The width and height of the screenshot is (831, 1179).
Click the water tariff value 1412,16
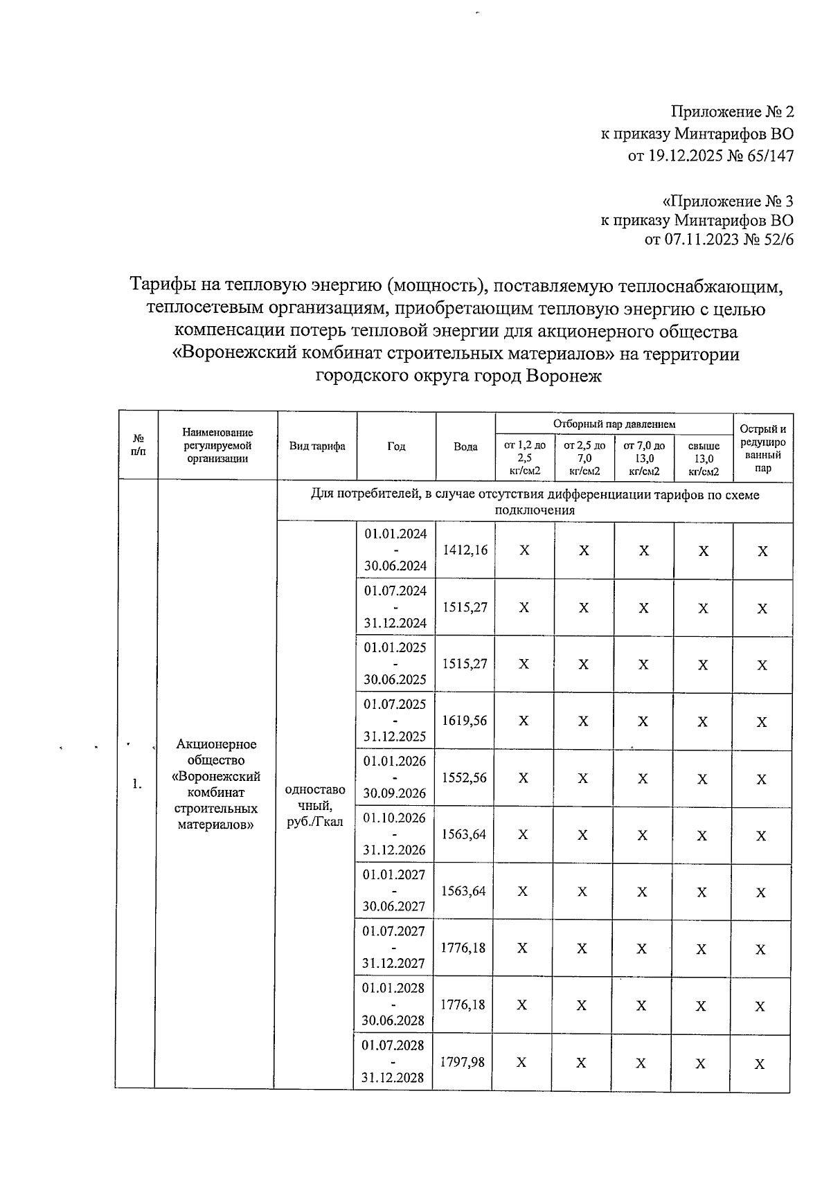pyautogui.click(x=465, y=550)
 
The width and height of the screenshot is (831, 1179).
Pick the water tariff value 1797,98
pyautogui.click(x=463, y=1061)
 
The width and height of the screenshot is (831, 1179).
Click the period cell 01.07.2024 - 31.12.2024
pyautogui.click(x=395, y=607)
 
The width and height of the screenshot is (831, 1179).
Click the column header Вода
pyautogui.click(x=465, y=447)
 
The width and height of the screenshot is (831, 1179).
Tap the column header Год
pyautogui.click(x=396, y=447)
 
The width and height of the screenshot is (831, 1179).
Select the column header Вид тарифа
pyautogui.click(x=317, y=447)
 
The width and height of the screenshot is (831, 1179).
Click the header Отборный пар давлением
pyautogui.click(x=614, y=424)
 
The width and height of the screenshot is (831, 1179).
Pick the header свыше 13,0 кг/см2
pyautogui.click(x=704, y=459)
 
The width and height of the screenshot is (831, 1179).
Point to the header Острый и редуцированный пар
pyautogui.click(x=762, y=448)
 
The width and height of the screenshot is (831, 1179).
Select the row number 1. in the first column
pyautogui.click(x=137, y=784)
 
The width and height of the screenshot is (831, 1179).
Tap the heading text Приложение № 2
pyautogui.click(x=732, y=112)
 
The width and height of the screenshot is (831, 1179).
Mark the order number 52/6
pyautogui.click(x=776, y=240)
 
